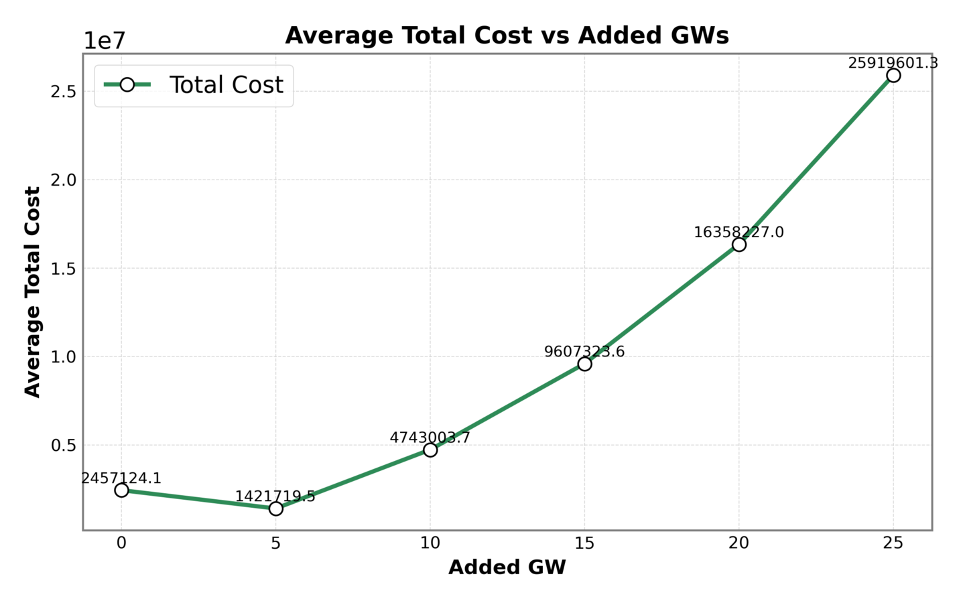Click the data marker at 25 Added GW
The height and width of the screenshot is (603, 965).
(x=893, y=75)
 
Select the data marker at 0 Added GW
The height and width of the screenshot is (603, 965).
(x=121, y=490)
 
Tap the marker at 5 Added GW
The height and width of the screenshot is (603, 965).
(x=275, y=509)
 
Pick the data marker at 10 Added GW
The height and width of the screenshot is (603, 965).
(x=430, y=450)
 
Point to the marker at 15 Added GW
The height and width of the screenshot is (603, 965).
(x=584, y=364)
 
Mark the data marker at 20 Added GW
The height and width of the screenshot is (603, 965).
(x=738, y=245)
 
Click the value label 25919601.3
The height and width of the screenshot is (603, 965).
(x=893, y=63)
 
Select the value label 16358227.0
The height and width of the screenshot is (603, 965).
(x=738, y=232)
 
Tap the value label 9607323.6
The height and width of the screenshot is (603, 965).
(x=584, y=352)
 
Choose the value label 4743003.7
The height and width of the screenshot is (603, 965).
(x=430, y=438)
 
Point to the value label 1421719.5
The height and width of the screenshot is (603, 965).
(x=275, y=496)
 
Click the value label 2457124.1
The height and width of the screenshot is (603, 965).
(x=121, y=478)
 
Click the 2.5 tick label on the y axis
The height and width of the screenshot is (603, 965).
(x=62, y=92)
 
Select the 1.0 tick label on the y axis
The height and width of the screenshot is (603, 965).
(x=62, y=356)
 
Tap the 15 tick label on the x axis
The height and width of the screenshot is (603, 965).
(x=584, y=543)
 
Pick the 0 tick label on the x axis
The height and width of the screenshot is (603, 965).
(x=121, y=543)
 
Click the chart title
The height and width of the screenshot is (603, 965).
(x=507, y=36)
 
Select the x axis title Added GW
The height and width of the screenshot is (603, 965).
(x=507, y=567)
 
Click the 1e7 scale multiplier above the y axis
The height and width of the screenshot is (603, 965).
(x=104, y=41)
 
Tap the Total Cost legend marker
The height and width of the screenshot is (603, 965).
(x=127, y=85)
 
